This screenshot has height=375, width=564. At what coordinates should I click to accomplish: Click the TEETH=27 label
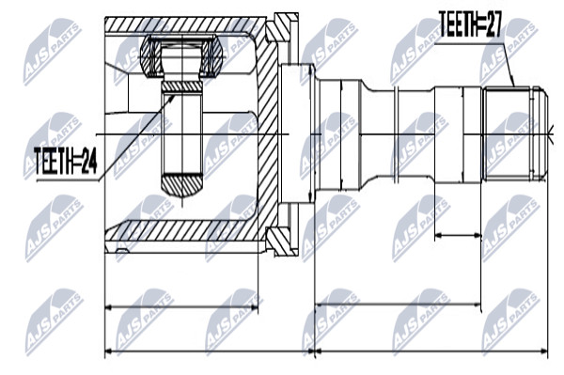(x=469, y=24)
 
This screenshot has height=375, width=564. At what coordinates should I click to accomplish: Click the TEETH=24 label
(x=66, y=162)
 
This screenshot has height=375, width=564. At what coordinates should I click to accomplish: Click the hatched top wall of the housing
(x=185, y=24)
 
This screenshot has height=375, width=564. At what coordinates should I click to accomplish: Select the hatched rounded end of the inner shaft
(x=182, y=185)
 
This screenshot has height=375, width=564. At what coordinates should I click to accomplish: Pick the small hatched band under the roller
(x=182, y=86)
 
